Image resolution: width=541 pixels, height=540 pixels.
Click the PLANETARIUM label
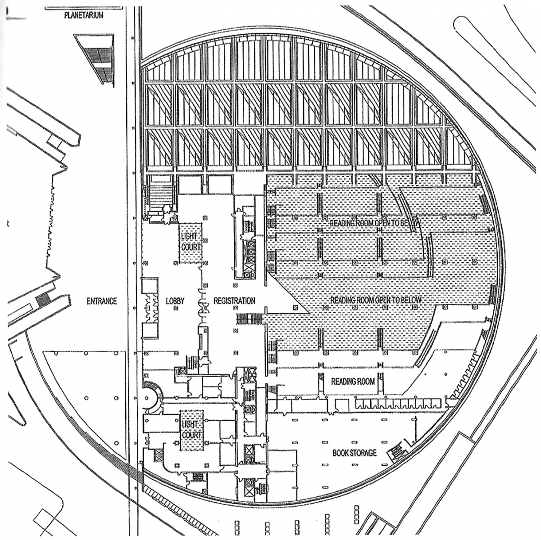(x=84, y=15)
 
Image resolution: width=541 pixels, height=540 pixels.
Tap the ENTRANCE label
(x=102, y=301)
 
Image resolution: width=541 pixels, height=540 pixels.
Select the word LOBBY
(x=175, y=301)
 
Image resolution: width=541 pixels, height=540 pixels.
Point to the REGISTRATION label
(x=234, y=301)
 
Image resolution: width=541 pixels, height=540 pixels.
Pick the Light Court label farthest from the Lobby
(x=191, y=430)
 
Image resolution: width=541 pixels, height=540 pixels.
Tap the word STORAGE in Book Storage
(x=364, y=453)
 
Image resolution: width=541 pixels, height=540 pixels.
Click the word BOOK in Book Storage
(x=341, y=453)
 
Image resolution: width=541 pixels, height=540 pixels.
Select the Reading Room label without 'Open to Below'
(x=353, y=382)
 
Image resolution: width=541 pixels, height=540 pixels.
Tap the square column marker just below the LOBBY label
(x=176, y=308)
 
